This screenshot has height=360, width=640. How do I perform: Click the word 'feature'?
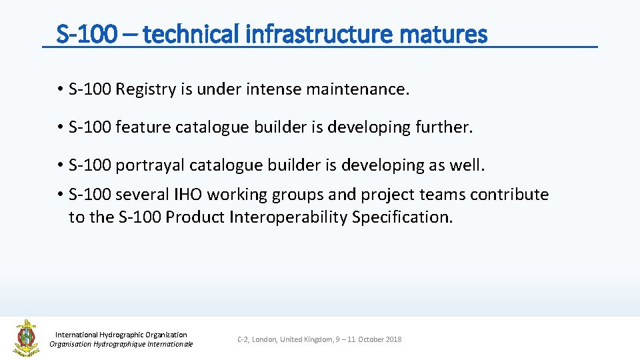pyautogui.click(x=143, y=127)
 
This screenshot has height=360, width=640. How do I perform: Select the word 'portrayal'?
pyautogui.click(x=147, y=165)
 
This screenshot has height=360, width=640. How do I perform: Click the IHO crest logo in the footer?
pyautogui.click(x=26, y=337)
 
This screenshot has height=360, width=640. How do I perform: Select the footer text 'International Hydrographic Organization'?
pyautogui.click(x=121, y=335)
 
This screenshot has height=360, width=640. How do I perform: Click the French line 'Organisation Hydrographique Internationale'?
pyautogui.click(x=121, y=344)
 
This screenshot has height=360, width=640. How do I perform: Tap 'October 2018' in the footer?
pyautogui.click(x=379, y=339)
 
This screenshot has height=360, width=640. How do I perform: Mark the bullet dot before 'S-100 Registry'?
pyautogui.click(x=59, y=90)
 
